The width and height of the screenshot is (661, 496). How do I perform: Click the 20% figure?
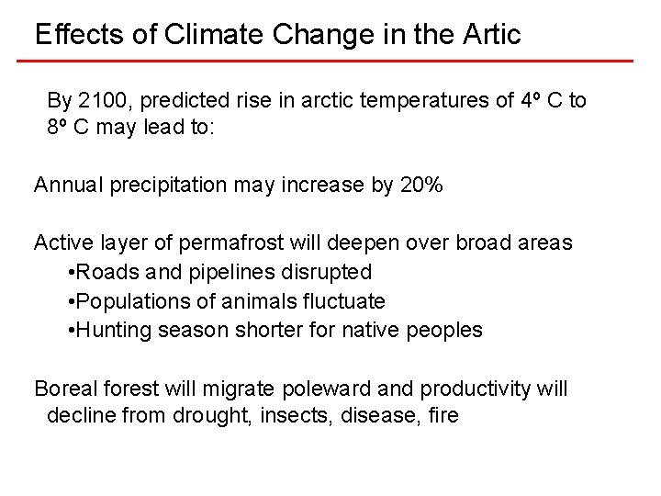tap(421, 185)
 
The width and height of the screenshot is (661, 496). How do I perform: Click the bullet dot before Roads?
tap(72, 273)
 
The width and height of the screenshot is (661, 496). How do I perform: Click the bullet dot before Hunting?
tap(72, 331)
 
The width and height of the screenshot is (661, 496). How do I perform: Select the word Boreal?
tap(63, 389)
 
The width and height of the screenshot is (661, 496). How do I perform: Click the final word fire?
tap(442, 415)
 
